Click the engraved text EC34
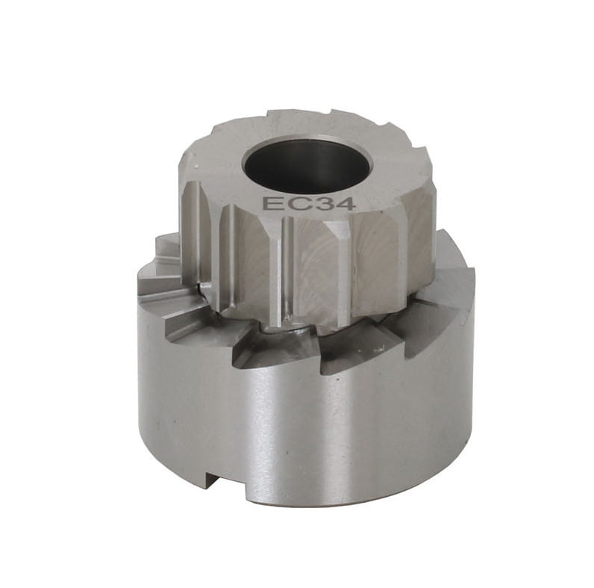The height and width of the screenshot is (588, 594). (x=309, y=204)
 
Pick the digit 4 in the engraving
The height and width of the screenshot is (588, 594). (x=344, y=204)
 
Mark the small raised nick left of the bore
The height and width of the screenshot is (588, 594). (x=196, y=167)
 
